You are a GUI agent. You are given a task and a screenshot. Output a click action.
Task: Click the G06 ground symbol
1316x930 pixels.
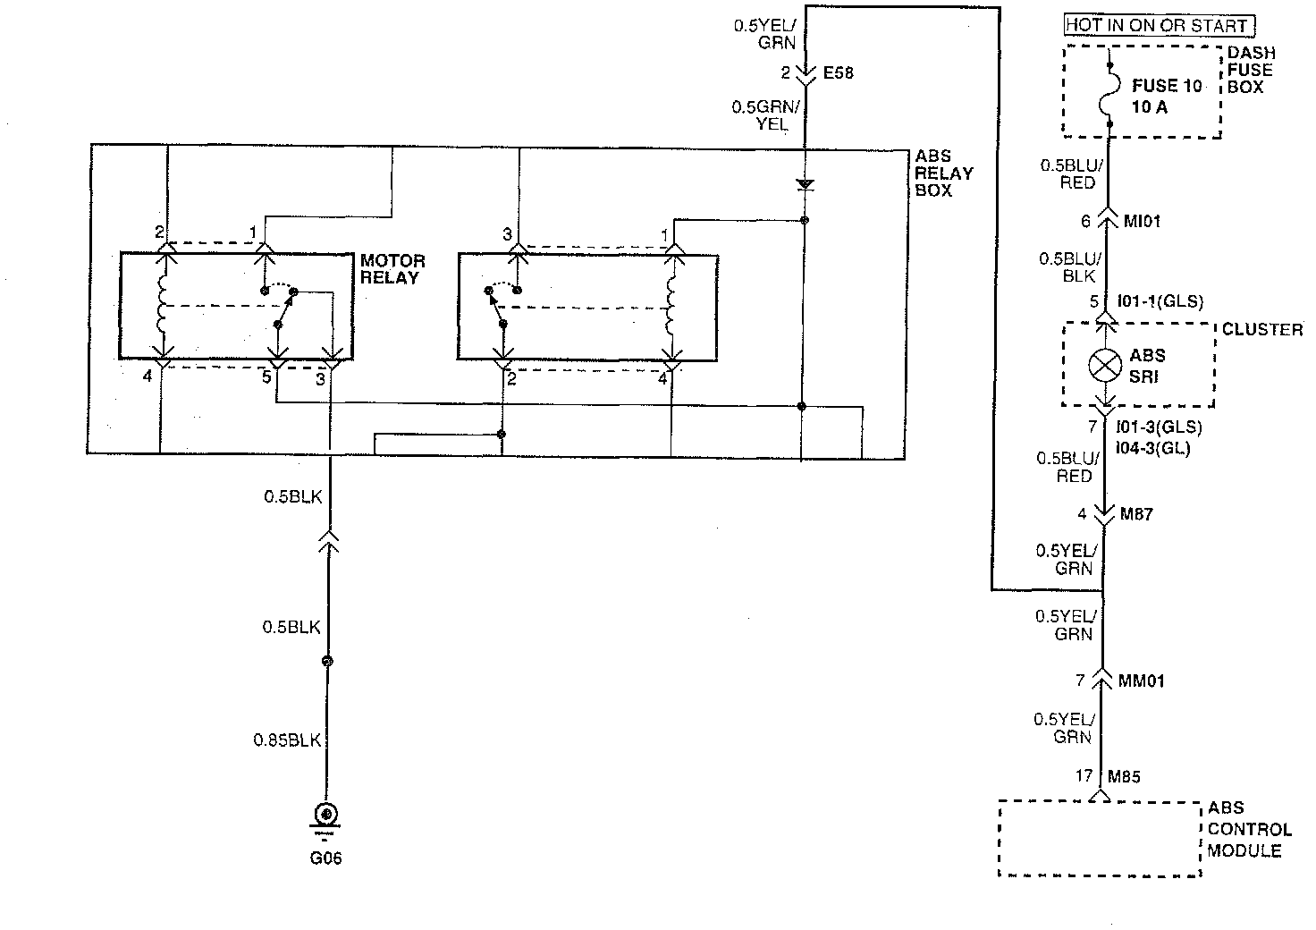pos(326,815)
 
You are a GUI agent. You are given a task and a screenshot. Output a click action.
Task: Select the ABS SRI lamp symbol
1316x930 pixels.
pos(1106,365)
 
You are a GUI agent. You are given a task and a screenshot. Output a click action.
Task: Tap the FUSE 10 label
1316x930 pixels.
pos(1167,86)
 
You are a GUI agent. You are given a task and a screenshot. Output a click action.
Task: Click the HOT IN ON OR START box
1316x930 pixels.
pos(1160,25)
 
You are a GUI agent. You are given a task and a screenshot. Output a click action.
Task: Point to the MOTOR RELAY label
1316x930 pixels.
pos(392,268)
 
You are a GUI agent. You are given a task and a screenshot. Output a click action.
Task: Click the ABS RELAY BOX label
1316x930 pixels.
pos(944,173)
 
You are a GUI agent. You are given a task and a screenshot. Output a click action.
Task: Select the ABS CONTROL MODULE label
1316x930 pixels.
pos(1248,829)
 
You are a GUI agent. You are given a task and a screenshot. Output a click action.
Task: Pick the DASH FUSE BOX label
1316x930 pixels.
pos(1249,70)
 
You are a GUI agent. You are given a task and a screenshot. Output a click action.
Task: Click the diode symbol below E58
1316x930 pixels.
pos(805,185)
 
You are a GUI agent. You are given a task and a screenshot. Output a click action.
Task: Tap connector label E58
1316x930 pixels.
pos(838,72)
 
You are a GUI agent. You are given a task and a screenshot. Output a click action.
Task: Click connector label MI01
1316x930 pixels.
pos(1141,220)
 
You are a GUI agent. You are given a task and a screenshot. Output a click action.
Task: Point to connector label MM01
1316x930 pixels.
pos(1141,681)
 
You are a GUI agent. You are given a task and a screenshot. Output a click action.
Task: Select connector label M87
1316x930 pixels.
pos(1135,515)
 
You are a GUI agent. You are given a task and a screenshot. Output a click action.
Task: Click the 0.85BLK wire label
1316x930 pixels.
pos(286,740)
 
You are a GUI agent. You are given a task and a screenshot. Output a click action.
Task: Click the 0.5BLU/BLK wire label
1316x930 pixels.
pos(1070,266)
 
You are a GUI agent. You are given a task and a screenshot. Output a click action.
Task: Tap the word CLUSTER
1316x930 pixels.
pos(1261,330)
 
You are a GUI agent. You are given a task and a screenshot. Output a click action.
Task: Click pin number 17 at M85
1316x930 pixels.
pos(1084,775)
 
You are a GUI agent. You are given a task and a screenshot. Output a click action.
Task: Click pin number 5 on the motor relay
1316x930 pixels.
pos(266,377)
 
